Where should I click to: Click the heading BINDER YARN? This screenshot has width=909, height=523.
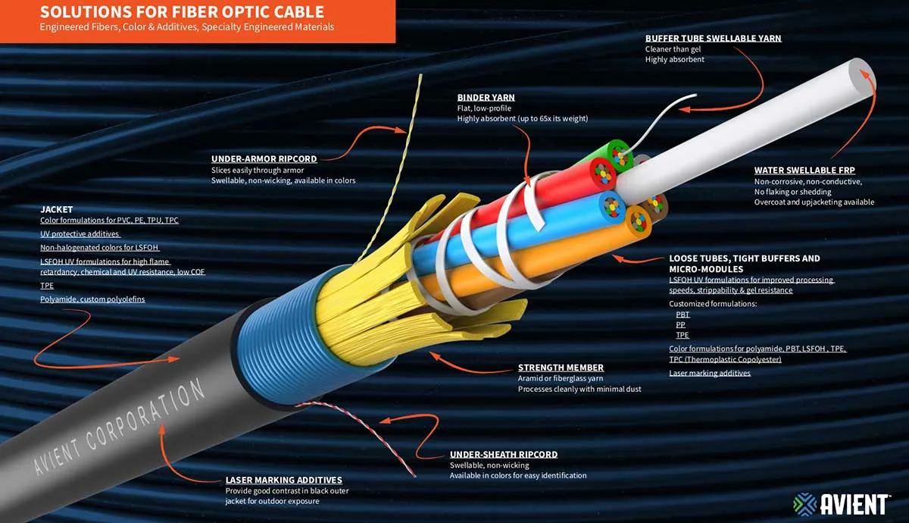pos(486,98)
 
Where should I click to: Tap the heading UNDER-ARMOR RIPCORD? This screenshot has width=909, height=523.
pos(264,159)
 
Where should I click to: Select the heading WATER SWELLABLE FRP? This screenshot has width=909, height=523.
pos(804,171)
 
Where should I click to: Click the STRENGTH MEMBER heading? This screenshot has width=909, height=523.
pos(561,368)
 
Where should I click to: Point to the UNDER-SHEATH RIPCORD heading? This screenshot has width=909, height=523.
pos(503,454)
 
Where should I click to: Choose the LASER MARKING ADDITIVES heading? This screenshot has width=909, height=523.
pos(283,480)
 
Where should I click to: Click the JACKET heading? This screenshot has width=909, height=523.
pos(56,208)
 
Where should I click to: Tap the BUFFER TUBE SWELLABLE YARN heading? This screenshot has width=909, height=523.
pos(713,38)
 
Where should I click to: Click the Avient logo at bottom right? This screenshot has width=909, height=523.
pos(841,503)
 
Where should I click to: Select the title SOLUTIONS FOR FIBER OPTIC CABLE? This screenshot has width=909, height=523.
pos(182,12)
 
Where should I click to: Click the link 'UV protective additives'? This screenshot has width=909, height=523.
pos(80,234)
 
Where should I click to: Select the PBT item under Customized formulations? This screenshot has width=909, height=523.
pos(682,314)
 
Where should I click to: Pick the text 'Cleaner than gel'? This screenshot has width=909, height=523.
pos(672,49)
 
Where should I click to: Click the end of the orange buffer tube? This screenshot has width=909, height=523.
pos(639,222)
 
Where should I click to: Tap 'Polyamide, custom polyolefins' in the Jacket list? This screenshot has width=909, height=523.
pos(92,299)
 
